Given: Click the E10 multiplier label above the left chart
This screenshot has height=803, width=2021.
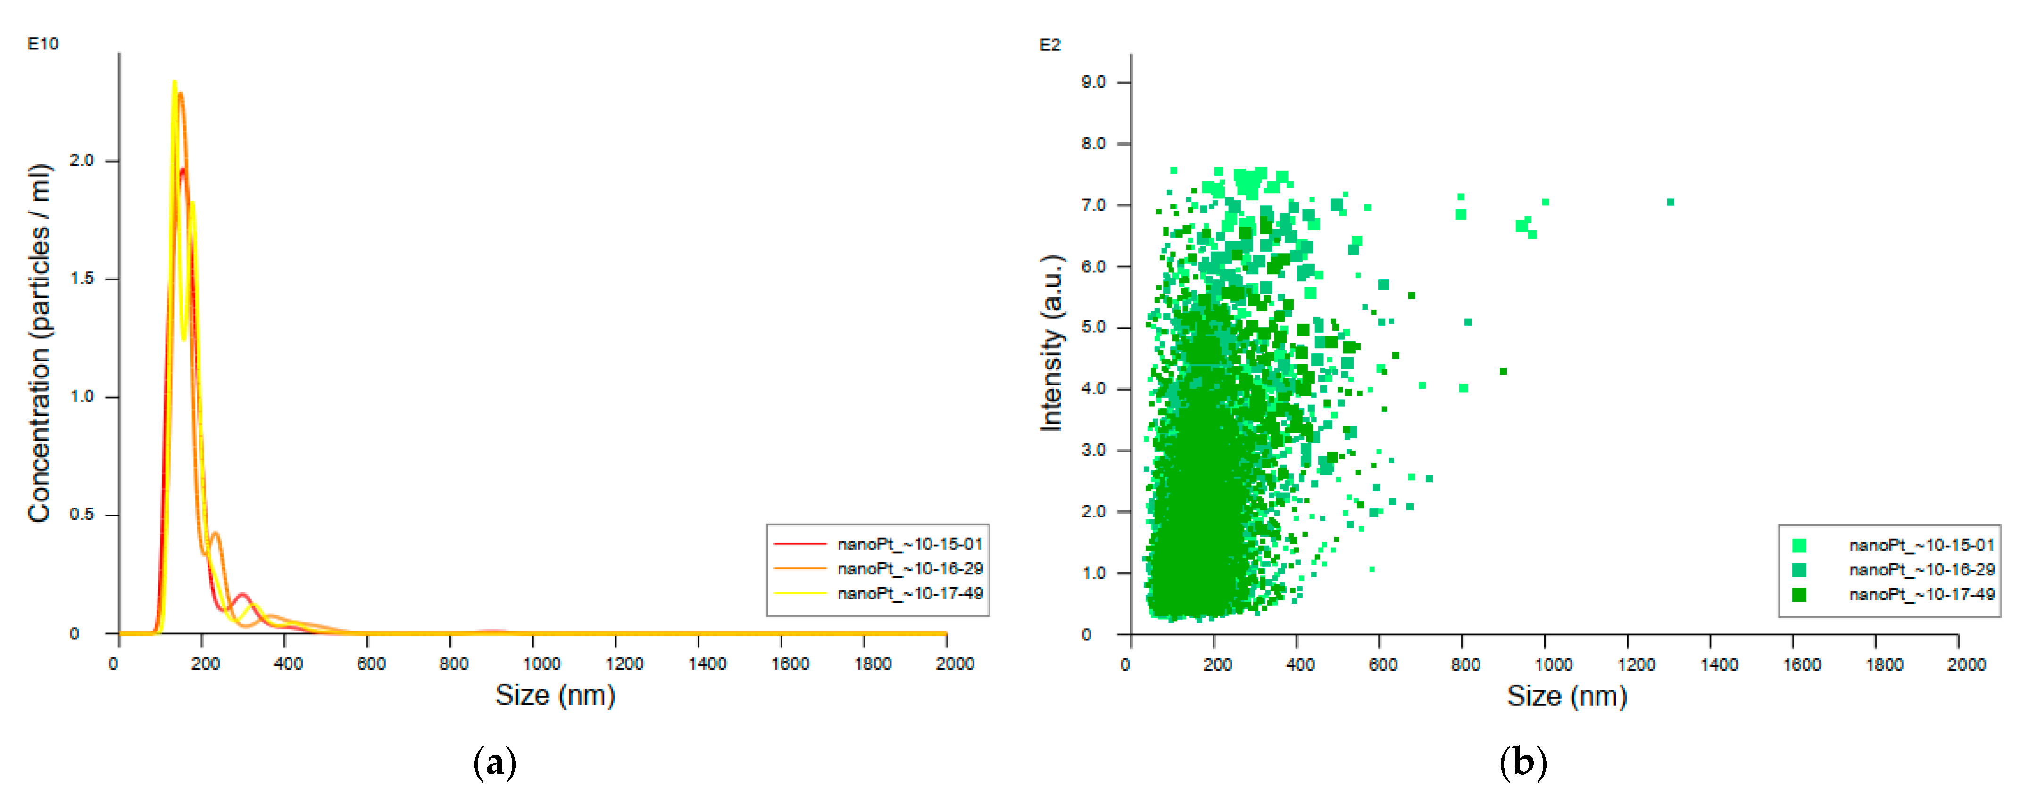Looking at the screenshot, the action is pos(43,44).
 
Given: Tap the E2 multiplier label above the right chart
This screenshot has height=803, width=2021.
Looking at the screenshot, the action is pos(1050,45).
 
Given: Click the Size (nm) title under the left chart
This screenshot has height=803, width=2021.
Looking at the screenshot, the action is pos(555,695).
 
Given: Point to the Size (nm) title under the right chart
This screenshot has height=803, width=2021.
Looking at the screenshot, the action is pos(1567,696).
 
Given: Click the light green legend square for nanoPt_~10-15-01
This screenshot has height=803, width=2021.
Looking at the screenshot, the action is pos(1800,545).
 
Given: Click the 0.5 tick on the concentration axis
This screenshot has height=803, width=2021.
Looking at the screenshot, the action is pos(82,515).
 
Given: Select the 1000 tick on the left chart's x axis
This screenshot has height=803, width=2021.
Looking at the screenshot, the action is pos(541,664).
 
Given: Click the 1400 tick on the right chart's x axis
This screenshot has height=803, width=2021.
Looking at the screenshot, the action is pos(1719,664).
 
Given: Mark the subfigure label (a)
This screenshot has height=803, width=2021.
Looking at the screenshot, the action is pos(495,762).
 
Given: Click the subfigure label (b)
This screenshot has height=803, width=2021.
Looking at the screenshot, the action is pos(1523,762).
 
